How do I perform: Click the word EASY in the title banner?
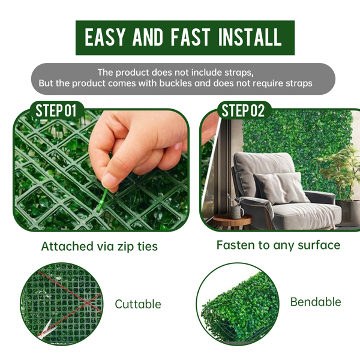click(104, 38)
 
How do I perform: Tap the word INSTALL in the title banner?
click(250, 38)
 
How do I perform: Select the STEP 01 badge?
click(56, 110)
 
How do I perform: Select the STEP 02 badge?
click(244, 110)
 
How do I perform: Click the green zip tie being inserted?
click(103, 199)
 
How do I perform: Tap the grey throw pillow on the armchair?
click(282, 188)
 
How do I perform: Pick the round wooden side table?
click(232, 221)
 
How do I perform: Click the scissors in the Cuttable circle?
click(46, 329)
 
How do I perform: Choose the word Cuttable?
click(138, 304)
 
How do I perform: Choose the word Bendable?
click(316, 302)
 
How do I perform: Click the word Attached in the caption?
click(67, 246)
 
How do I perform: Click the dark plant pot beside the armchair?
click(348, 213)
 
